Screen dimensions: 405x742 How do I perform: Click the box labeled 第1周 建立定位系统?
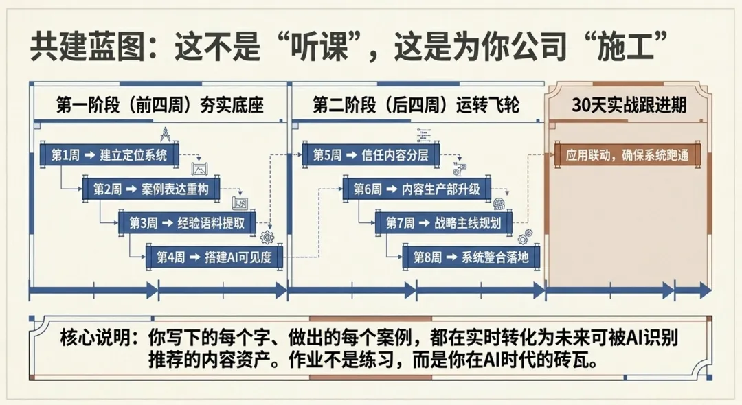point(109,155)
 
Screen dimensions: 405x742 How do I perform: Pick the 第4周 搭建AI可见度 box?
point(214,257)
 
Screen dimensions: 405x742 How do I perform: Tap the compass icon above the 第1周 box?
point(166,134)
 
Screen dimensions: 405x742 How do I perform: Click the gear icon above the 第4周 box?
point(267,238)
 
